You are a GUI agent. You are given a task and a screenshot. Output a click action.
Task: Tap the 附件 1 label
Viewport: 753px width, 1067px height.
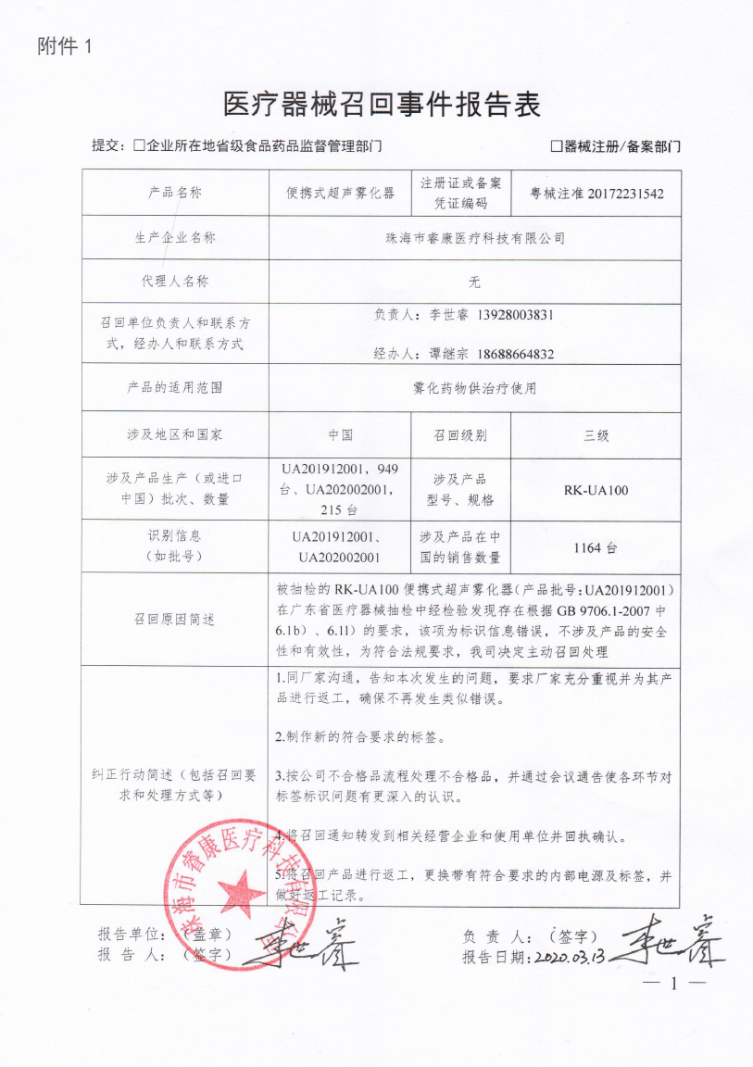pos(65,47)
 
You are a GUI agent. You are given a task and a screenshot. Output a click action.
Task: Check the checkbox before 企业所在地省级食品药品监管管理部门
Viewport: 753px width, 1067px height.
pos(140,146)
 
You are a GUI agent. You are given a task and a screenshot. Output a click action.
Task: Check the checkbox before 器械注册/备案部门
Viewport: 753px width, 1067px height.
pos(557,146)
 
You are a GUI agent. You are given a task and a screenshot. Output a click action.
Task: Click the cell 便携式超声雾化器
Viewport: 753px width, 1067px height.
pos(340,194)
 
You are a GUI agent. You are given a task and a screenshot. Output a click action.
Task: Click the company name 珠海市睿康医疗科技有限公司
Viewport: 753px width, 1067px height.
pos(475,237)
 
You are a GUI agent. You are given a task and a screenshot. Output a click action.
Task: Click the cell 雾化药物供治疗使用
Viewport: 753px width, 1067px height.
pos(475,388)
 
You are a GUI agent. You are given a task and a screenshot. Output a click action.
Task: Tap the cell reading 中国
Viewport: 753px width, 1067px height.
pos(340,434)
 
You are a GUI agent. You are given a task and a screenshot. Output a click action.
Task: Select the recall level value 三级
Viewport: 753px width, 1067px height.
pos(596,434)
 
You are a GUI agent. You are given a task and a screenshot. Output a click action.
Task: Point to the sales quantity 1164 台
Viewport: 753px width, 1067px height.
pos(596,547)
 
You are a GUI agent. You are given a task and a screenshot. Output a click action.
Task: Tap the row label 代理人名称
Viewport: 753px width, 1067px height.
pos(174,282)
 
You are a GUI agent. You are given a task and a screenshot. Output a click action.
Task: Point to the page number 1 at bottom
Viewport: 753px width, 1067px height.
pos(673,985)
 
